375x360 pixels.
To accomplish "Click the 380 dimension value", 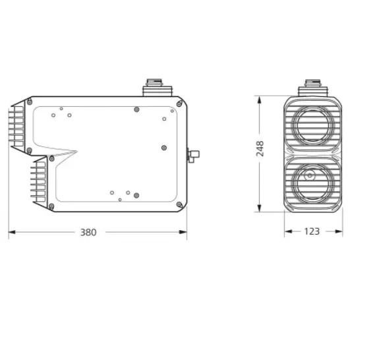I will [88, 232].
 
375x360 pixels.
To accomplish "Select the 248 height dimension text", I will [260, 148].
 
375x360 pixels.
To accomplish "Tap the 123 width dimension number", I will [312, 231].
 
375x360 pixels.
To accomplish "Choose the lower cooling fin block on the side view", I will [38, 182].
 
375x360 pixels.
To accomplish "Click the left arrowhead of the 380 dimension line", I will [11, 232].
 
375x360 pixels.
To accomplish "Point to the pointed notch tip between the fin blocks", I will [77, 153].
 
